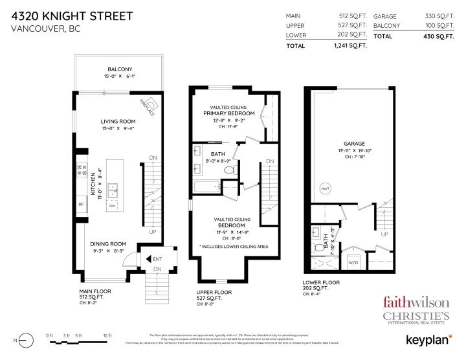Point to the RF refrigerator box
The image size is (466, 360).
pos(82,205)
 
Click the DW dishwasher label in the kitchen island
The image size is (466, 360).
pos(113,206)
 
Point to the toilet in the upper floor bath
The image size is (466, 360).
pos(228,170)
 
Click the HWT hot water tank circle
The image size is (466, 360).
pos(324,188)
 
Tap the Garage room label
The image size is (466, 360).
pos(355,144)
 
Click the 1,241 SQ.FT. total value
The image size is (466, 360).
pos(350,46)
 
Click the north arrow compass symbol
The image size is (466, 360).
pos(24,339)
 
